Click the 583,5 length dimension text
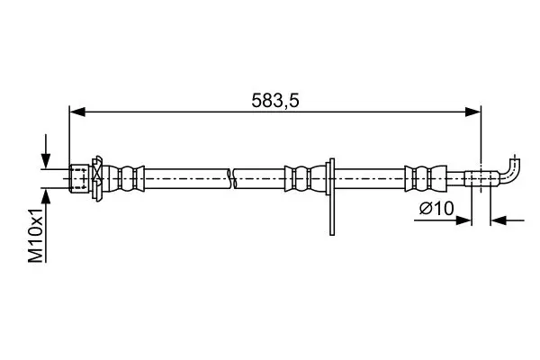275,101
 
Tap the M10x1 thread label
36,235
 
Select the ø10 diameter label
436,209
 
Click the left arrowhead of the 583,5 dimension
77,112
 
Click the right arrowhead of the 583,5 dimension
472,112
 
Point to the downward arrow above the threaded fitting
46,151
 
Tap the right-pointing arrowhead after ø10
463,220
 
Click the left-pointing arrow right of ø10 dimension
508,220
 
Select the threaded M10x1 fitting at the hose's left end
79,178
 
